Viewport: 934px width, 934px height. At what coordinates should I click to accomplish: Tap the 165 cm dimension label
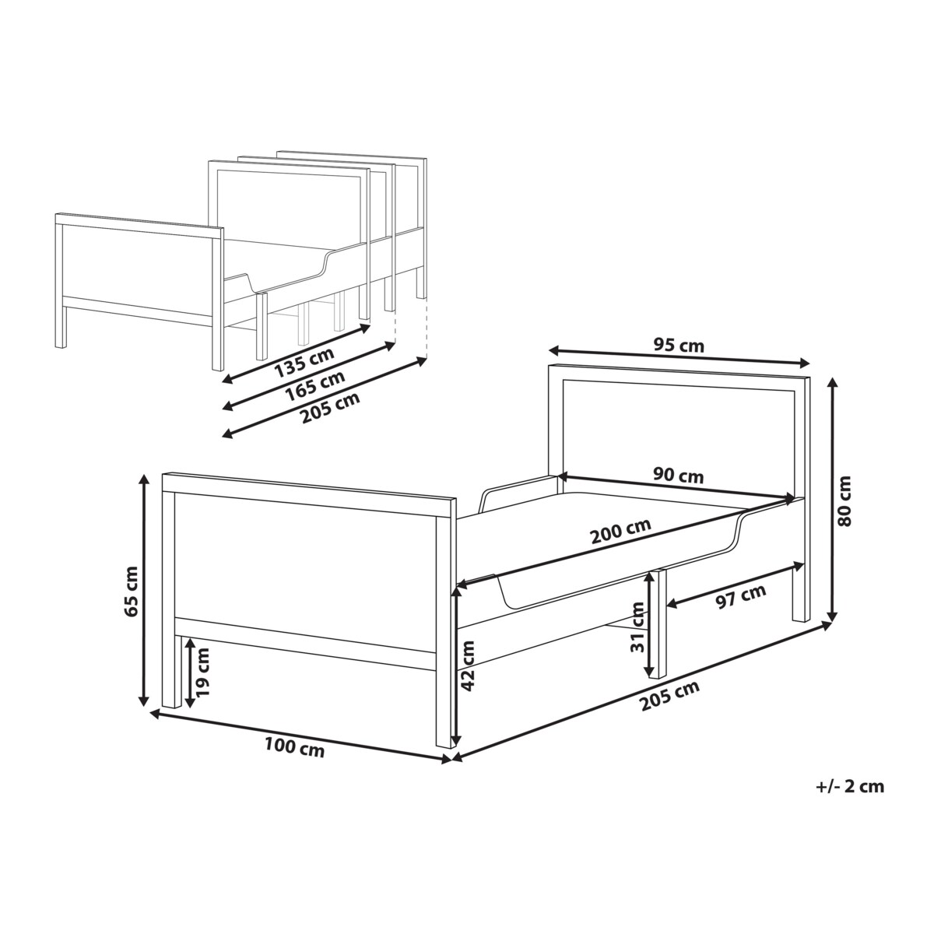(x=314, y=386)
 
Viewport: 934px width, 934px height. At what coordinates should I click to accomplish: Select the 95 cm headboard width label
(x=678, y=346)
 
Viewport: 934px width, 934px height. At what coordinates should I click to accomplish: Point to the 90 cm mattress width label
(x=678, y=476)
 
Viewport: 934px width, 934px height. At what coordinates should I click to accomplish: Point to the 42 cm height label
(x=467, y=664)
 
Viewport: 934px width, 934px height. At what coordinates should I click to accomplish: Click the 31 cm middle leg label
(x=638, y=627)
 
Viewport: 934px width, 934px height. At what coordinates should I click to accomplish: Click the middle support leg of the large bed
(x=657, y=623)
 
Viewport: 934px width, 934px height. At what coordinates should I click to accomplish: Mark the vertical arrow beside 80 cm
(x=832, y=499)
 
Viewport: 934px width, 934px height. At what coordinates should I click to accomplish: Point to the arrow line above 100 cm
(x=301, y=737)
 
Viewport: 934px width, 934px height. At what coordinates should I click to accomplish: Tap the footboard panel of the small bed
(x=137, y=268)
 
